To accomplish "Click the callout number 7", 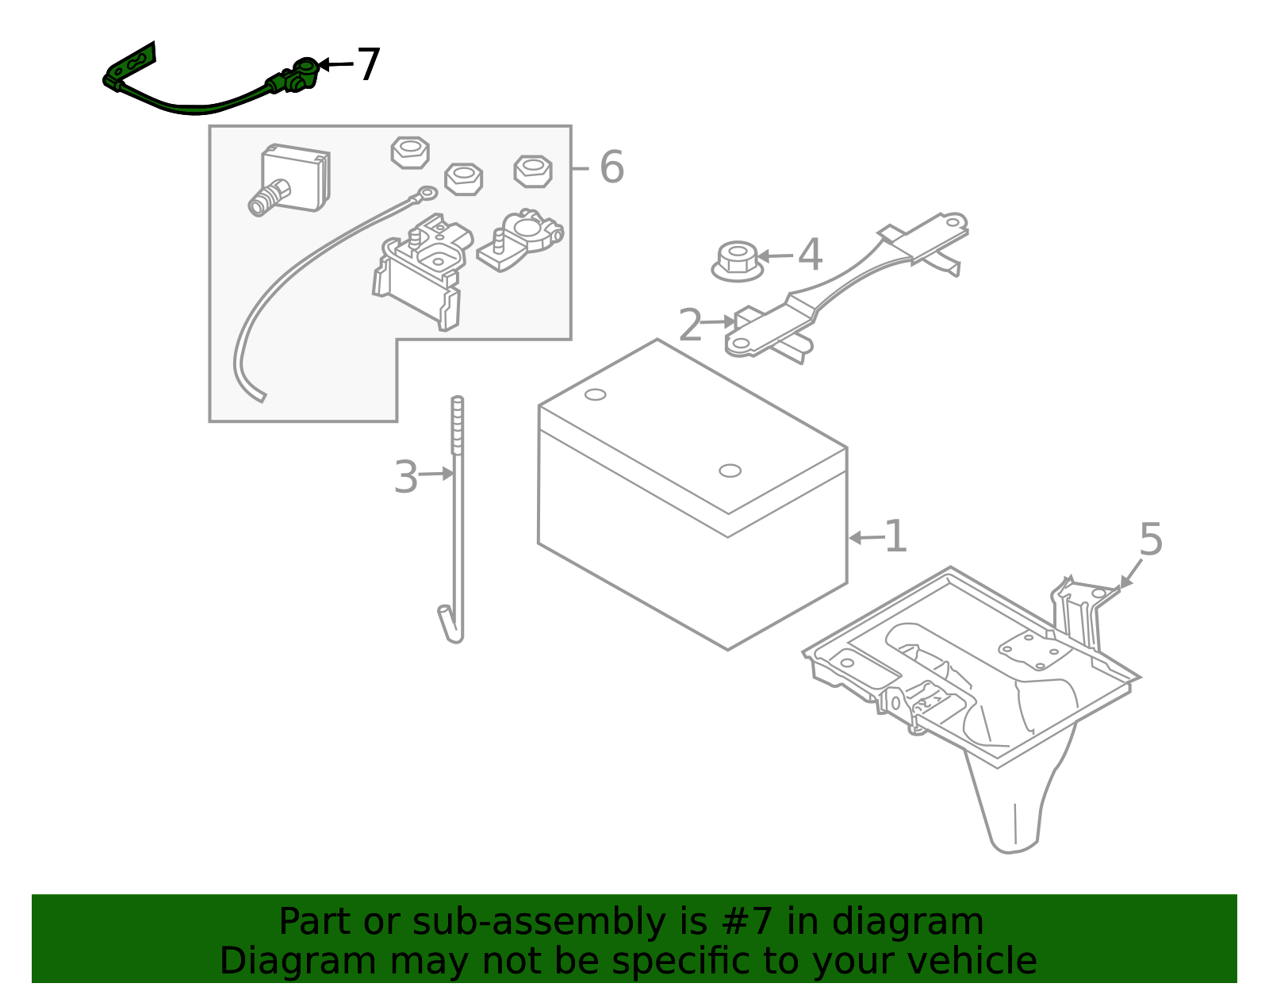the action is coord(369,64).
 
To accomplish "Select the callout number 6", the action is coord(611,167).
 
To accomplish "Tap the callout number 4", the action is coord(810,255).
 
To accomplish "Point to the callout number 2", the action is coord(690,325).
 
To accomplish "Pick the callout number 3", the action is coord(406,477).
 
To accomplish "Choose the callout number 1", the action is coord(895,536).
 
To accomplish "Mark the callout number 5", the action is coord(1151,539).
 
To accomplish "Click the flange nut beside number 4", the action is coord(737,261).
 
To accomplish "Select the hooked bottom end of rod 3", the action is coord(450,625).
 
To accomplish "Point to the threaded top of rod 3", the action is coord(458,424).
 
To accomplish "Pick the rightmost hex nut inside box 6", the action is coord(533,171).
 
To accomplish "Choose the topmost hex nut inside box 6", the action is coord(410,152).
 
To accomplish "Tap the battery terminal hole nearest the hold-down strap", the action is coord(730,471).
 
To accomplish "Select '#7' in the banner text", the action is coord(747,921).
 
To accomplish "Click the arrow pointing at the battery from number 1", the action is coord(866,537).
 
